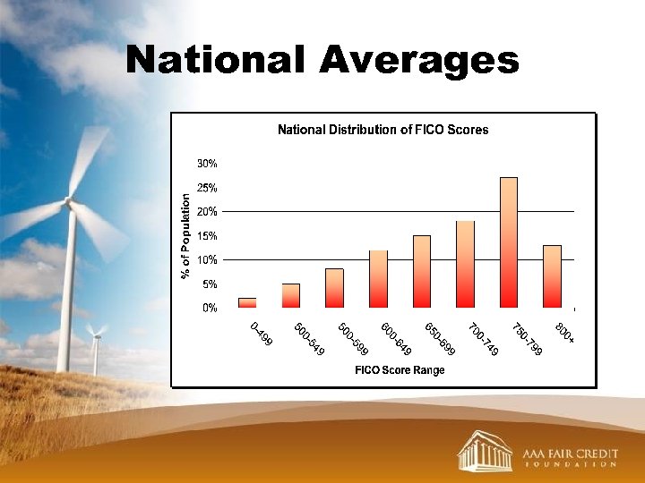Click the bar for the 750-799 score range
coord(508,242)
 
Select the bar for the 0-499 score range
coord(247,302)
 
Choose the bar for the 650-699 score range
coord(421,271)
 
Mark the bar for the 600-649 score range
coord(378,278)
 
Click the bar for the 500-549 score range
coord(291,295)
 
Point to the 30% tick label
coord(207,164)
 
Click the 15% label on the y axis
coord(207,236)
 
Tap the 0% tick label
coord(209,308)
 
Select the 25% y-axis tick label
coord(207,188)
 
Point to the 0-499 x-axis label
coord(261,334)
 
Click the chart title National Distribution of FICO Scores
coord(383,130)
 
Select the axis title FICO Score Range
coord(400,370)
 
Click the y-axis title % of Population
coord(185,235)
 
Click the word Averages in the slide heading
coord(417,61)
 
